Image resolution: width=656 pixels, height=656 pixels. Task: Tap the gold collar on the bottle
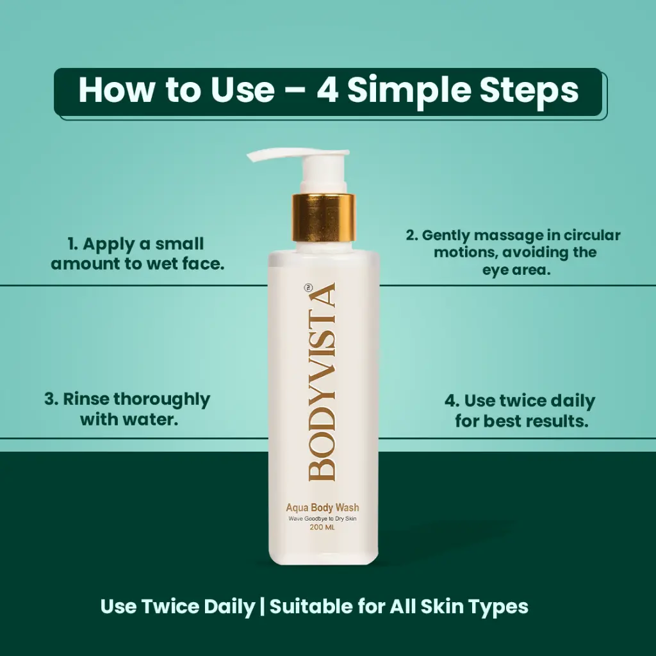pyautogui.click(x=324, y=218)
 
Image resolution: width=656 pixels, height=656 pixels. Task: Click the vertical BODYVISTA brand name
pyautogui.click(x=322, y=382)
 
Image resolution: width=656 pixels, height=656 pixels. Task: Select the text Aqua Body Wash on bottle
pyautogui.click(x=322, y=507)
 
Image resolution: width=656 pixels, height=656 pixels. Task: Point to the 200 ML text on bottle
pyautogui.click(x=322, y=527)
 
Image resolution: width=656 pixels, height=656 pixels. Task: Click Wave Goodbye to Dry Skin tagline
pyautogui.click(x=322, y=519)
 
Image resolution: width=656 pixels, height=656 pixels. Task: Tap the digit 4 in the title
pyautogui.click(x=327, y=90)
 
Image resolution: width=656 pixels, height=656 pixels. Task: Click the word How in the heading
pyautogui.click(x=116, y=90)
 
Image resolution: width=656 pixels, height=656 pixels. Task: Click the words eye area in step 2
pyautogui.click(x=516, y=270)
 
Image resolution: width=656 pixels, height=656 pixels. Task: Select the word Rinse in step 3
pyautogui.click(x=86, y=399)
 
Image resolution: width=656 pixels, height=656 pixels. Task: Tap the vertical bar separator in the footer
pyautogui.click(x=262, y=607)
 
